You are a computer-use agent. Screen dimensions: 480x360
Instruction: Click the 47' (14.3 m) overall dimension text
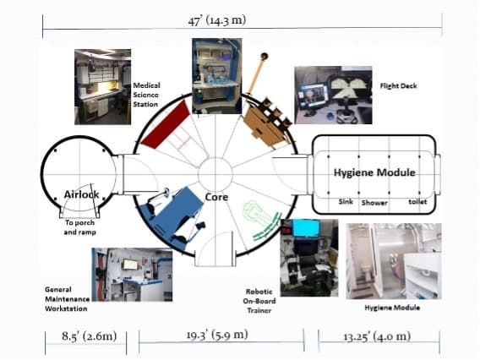click(216, 20)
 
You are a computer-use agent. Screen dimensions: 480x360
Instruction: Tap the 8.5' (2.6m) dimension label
click(89, 336)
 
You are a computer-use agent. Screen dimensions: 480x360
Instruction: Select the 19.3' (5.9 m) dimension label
click(217, 335)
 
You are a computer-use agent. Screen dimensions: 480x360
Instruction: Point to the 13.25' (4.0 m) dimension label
click(377, 336)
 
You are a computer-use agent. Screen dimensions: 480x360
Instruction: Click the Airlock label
click(81, 194)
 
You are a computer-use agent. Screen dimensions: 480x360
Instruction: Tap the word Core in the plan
click(216, 197)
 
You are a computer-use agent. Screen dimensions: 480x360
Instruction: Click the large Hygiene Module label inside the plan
click(374, 172)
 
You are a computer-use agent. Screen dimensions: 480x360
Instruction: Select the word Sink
click(346, 202)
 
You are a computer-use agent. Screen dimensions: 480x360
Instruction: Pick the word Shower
click(374, 203)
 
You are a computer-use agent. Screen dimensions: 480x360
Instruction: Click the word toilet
click(417, 202)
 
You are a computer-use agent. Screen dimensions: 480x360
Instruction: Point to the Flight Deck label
click(398, 86)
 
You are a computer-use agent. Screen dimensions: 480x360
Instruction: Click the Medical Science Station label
click(146, 95)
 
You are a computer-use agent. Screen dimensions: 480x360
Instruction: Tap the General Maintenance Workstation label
click(67, 299)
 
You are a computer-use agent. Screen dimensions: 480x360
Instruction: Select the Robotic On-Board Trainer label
click(259, 301)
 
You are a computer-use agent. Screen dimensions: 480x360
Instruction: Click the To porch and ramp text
click(79, 227)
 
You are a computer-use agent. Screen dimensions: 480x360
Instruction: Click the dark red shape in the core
click(166, 126)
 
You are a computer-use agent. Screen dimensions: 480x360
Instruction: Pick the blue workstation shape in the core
click(172, 215)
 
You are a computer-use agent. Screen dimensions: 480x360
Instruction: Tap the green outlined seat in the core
click(259, 218)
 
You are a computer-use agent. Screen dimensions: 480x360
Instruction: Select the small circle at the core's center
click(215, 174)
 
